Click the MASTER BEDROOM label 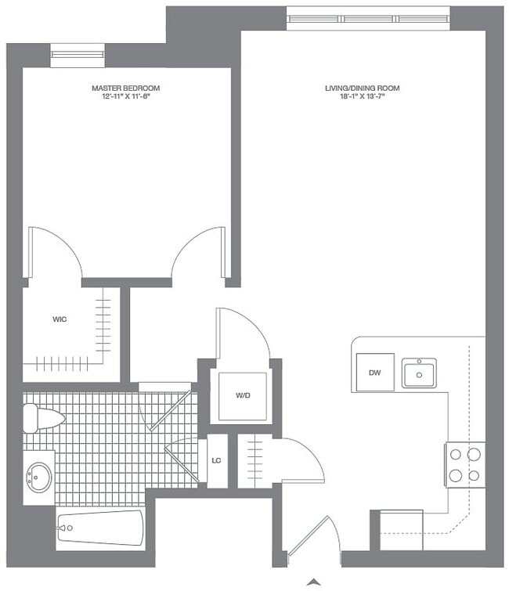126,88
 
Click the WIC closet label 59,319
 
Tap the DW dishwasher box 374,373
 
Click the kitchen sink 420,373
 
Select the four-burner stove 464,464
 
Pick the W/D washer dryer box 242,395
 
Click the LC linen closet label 217,460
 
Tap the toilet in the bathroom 41,418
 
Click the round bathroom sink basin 38,474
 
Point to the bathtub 100,528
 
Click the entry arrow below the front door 314,582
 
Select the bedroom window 78,54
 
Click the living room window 368,18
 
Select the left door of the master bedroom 55,252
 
